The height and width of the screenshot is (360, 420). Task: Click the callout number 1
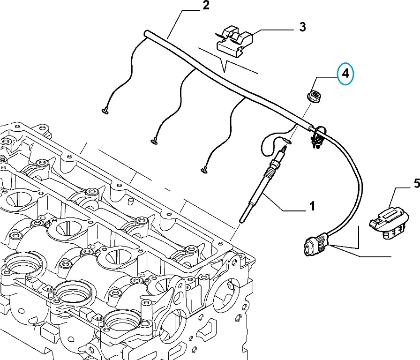pos(311,205)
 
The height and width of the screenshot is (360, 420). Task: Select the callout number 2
pos(205,6)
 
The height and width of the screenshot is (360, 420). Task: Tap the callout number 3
pos(303,27)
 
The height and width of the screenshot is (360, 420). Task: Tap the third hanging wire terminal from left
pos(204,169)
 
